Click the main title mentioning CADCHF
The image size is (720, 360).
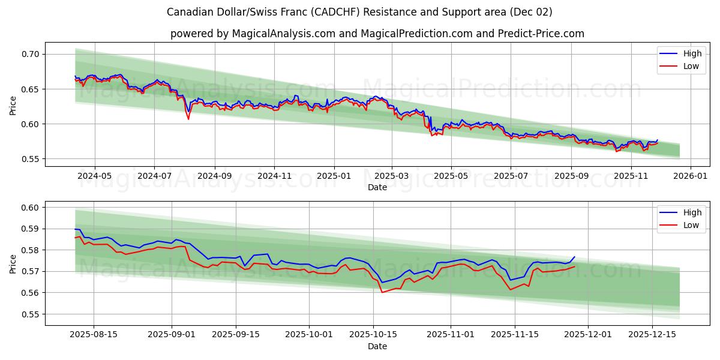tap(359, 12)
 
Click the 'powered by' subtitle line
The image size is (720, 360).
tap(377, 34)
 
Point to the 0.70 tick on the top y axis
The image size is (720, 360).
tap(31, 54)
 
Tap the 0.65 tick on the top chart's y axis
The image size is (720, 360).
tap(31, 89)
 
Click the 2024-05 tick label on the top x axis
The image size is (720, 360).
tap(95, 176)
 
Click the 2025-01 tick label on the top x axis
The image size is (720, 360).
tap(334, 176)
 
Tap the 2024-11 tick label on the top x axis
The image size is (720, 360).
tap(274, 176)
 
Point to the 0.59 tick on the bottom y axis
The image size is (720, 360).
tap(31, 229)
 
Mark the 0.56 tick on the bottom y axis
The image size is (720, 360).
tap(31, 293)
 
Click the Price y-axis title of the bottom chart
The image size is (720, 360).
tap(13, 263)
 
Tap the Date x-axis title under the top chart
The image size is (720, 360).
tap(377, 187)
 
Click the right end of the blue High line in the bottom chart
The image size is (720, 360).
tap(574, 257)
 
